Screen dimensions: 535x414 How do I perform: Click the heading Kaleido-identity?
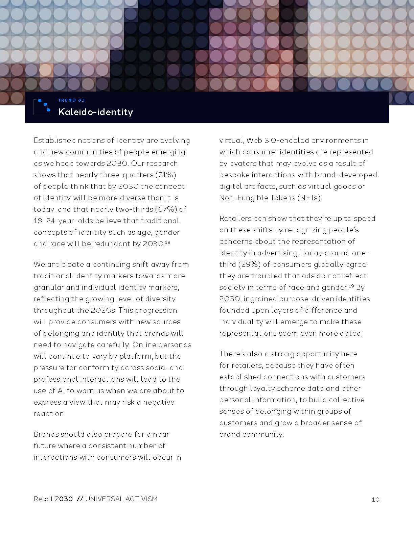[x=96, y=112]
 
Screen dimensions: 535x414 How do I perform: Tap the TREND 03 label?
[x=72, y=100]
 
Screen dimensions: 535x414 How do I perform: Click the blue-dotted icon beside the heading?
[x=42, y=107]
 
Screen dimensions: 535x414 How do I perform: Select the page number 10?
[x=375, y=500]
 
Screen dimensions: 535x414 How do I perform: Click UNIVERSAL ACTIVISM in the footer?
[x=121, y=499]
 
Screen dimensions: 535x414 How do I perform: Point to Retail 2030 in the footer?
[x=53, y=499]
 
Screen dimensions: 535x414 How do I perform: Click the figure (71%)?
[x=165, y=175]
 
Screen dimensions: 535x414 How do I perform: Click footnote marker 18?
[x=167, y=242]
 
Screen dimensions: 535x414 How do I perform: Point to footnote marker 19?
[x=351, y=286]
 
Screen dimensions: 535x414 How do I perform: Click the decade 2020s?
[x=103, y=310]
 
